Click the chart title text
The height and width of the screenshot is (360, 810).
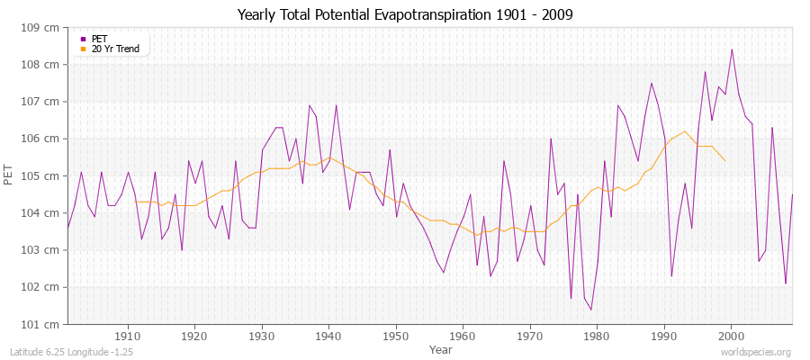(405, 15)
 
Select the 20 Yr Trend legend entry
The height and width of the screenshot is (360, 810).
(114, 49)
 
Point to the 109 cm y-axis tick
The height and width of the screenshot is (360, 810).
(45, 28)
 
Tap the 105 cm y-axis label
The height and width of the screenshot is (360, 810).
(45, 175)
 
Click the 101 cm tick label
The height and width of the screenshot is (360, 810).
(45, 324)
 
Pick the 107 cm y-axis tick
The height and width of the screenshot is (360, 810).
(45, 102)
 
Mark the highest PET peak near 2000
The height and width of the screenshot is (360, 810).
(732, 49)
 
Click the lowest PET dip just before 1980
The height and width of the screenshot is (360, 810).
(591, 310)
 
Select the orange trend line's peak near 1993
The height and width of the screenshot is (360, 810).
(685, 131)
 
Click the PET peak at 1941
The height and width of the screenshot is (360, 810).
(336, 105)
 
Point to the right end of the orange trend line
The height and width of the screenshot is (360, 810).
(725, 161)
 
